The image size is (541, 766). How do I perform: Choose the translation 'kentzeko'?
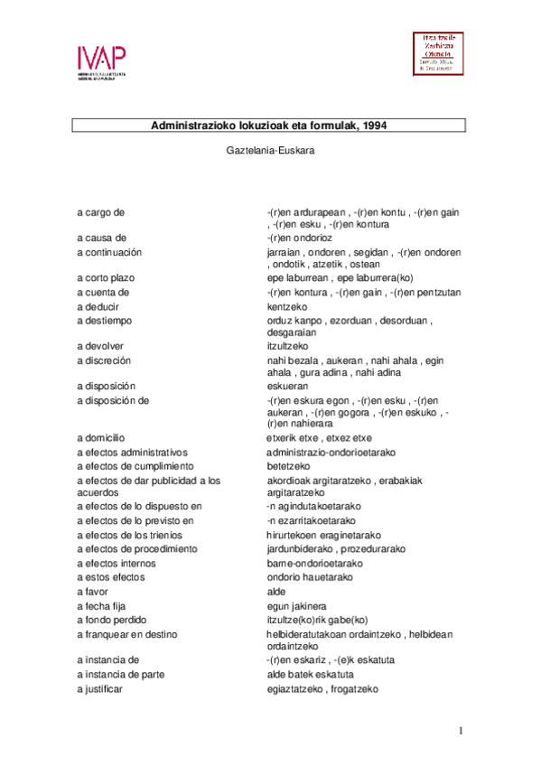(288, 305)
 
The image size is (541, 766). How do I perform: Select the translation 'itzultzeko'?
(289, 346)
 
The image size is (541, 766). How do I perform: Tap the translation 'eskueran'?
(288, 386)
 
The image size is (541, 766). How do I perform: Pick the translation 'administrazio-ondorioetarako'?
(331, 452)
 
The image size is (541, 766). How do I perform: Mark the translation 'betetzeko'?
(288, 465)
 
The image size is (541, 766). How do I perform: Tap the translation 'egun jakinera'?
(296, 605)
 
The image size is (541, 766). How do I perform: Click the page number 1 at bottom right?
(460, 731)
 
